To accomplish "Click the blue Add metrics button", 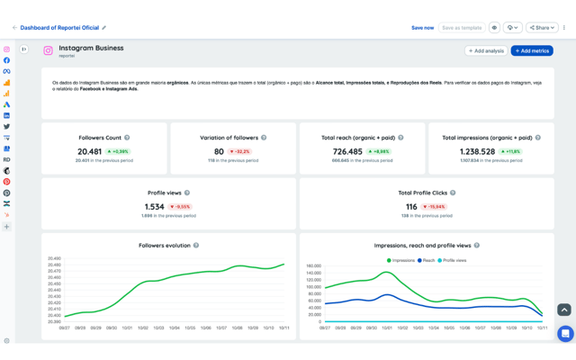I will [532, 51].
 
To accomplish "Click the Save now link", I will [422, 28].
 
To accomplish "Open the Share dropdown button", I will [542, 28].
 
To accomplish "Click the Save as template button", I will [463, 28].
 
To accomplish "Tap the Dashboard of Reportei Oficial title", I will [59, 28].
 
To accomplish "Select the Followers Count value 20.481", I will [90, 152].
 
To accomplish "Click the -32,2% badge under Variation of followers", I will [239, 152].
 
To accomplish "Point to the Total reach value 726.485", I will [347, 152].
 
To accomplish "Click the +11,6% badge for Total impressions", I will [511, 152].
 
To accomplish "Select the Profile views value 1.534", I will [154, 207].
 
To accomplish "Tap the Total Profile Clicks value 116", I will [411, 207].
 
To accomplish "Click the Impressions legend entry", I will [401, 260].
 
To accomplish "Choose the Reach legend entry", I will [427, 260].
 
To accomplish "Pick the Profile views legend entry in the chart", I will [454, 260].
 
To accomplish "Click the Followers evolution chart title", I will [164, 246].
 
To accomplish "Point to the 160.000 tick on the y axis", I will [313, 266].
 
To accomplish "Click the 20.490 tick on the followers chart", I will [54, 258].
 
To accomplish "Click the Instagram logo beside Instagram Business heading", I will [49, 51].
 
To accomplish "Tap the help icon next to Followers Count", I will [127, 138].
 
